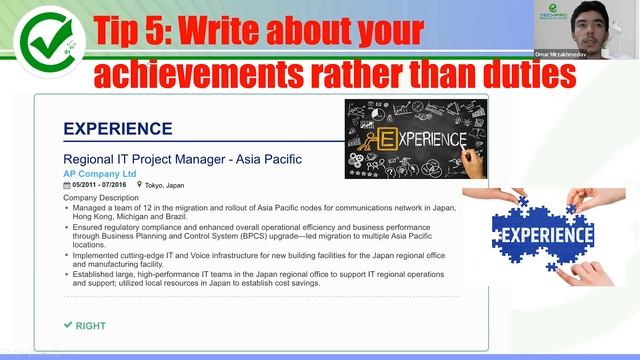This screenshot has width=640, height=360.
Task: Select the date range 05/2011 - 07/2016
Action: pos(102,185)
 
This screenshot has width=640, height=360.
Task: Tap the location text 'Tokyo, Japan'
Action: pos(167,185)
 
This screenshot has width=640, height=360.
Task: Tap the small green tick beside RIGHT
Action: pos(68,325)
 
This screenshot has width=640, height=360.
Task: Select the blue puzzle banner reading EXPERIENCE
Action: pos(542,236)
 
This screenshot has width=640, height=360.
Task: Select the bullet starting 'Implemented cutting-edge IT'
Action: pos(260,260)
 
